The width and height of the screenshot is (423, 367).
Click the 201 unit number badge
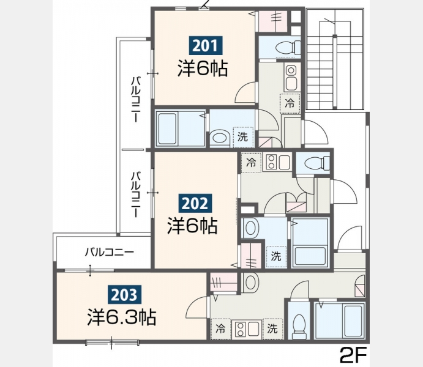(206, 45)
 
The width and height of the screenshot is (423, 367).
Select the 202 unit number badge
(195, 204)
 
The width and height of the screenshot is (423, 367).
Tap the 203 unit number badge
(124, 294)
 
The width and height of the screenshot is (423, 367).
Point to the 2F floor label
(353, 355)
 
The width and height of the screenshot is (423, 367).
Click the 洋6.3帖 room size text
(122, 317)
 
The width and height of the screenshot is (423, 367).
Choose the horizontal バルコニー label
(110, 252)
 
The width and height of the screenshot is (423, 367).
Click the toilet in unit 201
(288, 48)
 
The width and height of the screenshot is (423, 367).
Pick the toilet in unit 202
(317, 163)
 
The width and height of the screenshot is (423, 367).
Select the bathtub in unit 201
(167, 128)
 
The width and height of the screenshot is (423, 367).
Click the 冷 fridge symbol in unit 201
(290, 103)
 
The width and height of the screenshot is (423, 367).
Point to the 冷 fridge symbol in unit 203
(220, 328)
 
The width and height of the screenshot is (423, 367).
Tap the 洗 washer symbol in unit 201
(243, 137)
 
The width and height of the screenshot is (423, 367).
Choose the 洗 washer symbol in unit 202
(276, 256)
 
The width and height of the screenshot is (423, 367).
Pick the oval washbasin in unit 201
(219, 138)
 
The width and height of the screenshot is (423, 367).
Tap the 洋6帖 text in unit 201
(203, 69)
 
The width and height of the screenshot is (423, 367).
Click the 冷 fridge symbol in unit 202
(251, 163)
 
